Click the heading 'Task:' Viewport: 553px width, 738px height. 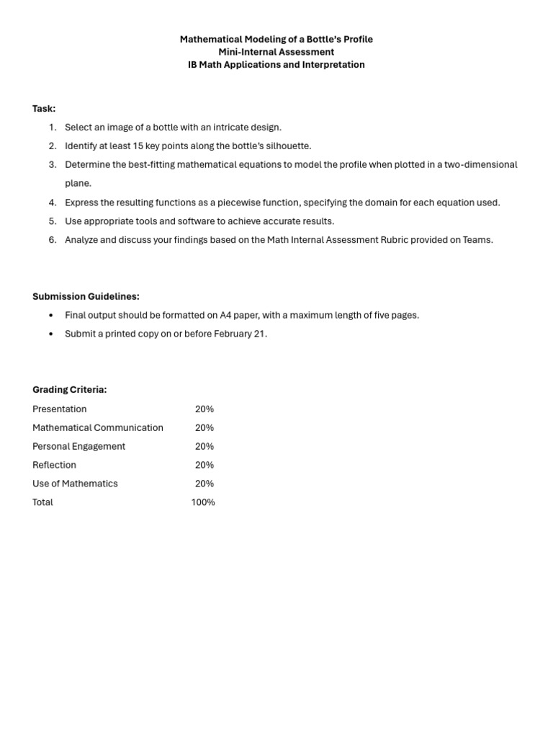click(x=44, y=109)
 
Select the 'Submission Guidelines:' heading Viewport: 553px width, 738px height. click(x=86, y=296)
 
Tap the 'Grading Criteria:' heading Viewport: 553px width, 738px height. click(x=69, y=390)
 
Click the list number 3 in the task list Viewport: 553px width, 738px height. click(x=53, y=165)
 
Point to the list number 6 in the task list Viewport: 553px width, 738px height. click(x=53, y=240)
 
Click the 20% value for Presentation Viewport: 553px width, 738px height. click(x=204, y=409)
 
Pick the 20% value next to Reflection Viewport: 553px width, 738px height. click(x=204, y=466)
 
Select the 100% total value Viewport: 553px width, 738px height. click(x=203, y=502)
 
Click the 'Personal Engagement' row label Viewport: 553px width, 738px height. click(x=78, y=447)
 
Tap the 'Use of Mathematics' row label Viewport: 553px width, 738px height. click(x=75, y=484)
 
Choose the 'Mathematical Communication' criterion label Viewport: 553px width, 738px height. click(x=98, y=428)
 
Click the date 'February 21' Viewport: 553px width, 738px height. click(x=240, y=334)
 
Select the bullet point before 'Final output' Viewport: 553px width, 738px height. click(x=50, y=316)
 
